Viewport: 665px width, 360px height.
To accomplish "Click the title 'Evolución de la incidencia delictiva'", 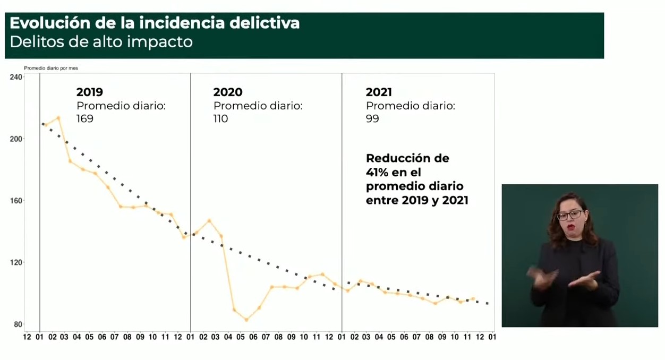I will point(155,23).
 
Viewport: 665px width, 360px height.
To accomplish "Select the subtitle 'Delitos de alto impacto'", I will point(101,42).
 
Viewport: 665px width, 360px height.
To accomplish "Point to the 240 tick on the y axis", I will point(16,78).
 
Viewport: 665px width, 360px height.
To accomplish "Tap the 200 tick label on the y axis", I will point(16,139).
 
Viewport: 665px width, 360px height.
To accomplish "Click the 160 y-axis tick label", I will point(16,201).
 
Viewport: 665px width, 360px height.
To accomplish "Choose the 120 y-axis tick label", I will point(16,262).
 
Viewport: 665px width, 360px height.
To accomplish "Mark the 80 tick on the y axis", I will point(18,324).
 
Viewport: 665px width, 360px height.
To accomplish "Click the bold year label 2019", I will point(90,92).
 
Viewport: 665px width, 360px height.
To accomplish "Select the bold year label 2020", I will point(228,92).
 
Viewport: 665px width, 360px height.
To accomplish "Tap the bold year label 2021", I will point(379,92).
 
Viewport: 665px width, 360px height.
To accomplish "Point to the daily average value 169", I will point(85,118).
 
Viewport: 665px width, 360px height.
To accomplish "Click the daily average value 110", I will point(221,118).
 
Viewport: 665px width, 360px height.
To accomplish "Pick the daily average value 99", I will point(372,118).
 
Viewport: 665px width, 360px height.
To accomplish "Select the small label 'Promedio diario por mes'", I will point(51,68).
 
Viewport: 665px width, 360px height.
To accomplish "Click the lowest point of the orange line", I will point(246,320).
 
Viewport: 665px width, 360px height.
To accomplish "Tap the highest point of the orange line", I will point(58,118).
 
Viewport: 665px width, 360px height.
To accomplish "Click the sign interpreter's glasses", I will point(569,215).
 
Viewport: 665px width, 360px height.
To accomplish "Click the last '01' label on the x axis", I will point(492,337).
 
